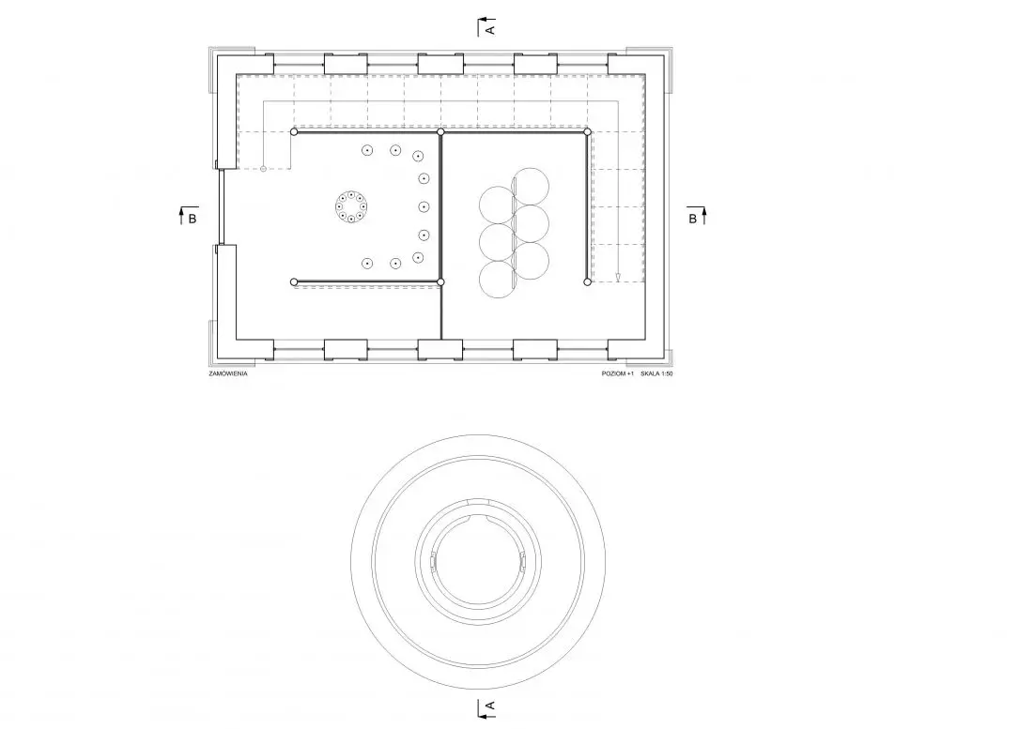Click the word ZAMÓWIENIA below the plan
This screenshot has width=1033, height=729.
[x=228, y=373]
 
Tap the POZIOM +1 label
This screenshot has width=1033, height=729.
[x=617, y=373]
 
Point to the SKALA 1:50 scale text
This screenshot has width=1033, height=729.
[x=656, y=373]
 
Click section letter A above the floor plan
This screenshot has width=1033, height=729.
[x=489, y=30]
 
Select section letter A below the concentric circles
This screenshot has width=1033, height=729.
[x=489, y=706]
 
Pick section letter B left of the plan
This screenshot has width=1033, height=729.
[x=193, y=219]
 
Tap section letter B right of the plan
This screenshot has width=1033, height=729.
[x=692, y=219]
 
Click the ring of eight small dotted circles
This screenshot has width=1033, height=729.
[x=351, y=206]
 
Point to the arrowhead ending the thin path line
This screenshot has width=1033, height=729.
[x=618, y=277]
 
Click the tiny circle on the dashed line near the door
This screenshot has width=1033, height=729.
[x=264, y=169]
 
